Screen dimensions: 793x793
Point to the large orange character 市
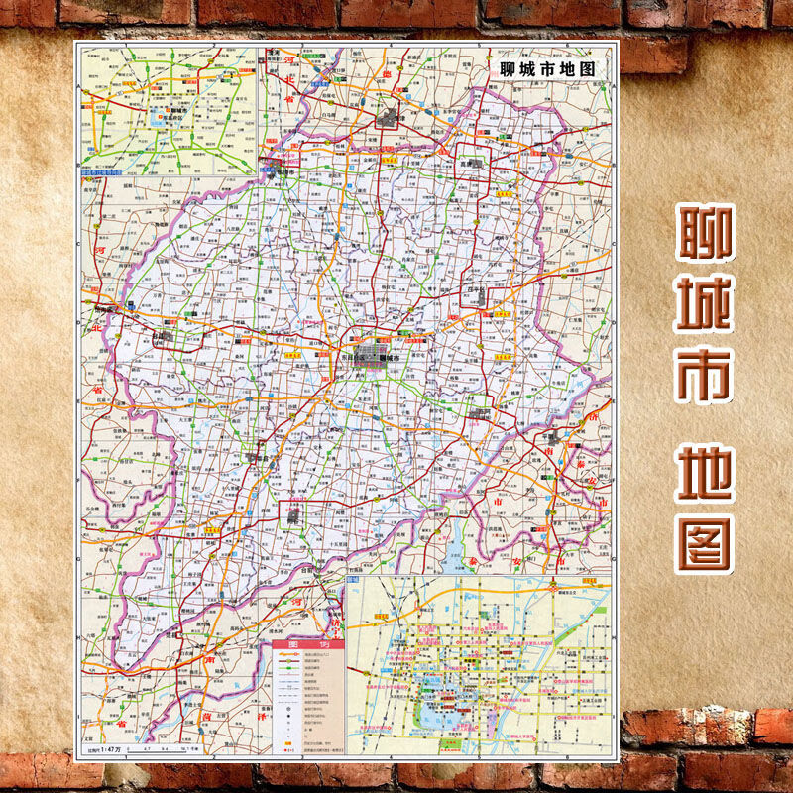pos(705,375)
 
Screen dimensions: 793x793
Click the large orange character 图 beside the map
pos(705,541)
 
